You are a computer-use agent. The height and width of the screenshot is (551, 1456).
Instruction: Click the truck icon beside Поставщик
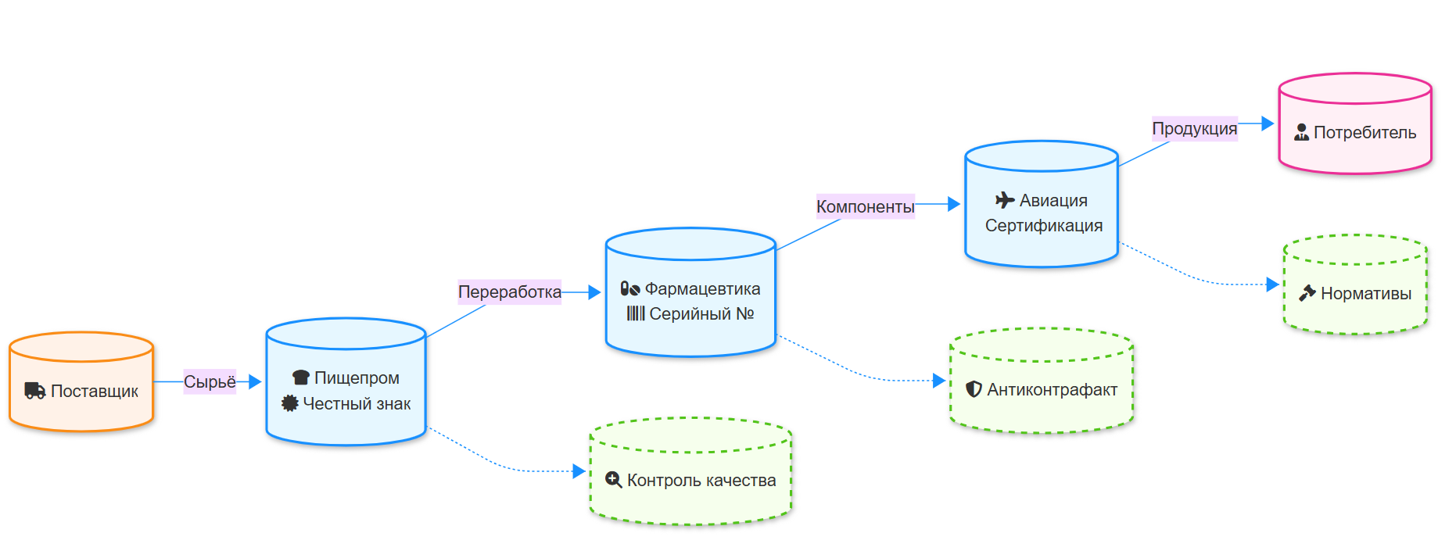[x=34, y=391]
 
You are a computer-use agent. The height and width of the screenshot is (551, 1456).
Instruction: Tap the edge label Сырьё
[x=210, y=382]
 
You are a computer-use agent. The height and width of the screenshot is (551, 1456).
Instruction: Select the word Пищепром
[x=357, y=378]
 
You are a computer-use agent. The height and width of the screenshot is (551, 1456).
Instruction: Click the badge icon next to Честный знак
[x=290, y=403]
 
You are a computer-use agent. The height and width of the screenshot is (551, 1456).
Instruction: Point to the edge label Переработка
[x=509, y=292]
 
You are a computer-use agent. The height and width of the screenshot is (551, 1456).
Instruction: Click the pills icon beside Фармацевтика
[x=630, y=289]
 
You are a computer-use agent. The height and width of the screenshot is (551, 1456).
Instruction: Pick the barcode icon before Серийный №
[x=636, y=314]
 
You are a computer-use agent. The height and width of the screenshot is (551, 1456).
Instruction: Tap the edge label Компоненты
[x=865, y=206]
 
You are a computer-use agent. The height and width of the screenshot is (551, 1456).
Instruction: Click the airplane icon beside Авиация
[x=1005, y=201]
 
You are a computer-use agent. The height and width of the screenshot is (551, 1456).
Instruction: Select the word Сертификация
[x=1043, y=226]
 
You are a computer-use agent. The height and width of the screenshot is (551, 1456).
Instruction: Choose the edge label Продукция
[x=1194, y=129]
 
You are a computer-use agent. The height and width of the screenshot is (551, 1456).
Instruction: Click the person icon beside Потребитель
[x=1301, y=133]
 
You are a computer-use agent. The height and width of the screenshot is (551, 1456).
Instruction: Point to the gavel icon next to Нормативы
[x=1307, y=294]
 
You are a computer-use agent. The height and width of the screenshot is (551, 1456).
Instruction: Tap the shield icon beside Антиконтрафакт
[x=974, y=389]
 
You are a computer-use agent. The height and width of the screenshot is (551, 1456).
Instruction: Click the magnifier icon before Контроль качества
[x=614, y=480]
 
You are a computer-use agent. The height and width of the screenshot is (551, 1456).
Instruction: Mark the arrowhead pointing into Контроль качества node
[x=579, y=471]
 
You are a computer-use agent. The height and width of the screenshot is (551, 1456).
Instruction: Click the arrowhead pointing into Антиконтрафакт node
[x=940, y=381]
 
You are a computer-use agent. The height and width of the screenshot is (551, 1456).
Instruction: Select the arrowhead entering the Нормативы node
[x=1273, y=284]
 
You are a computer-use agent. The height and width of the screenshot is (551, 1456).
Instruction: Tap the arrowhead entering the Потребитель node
[x=1268, y=123]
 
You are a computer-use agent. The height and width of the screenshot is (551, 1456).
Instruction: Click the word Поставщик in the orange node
[x=94, y=392]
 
